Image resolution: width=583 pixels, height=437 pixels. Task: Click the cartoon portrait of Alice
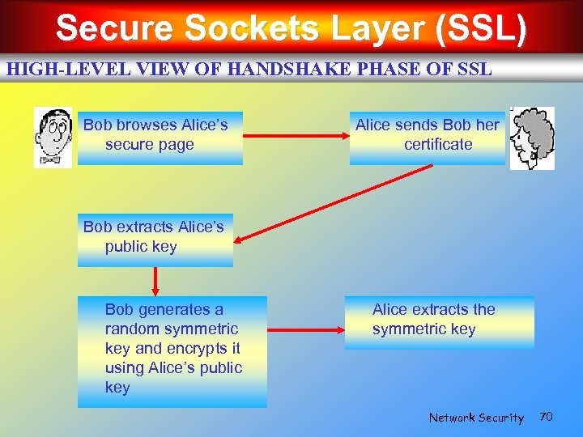(x=532, y=138)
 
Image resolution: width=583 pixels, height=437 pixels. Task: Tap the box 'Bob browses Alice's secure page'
(x=160, y=138)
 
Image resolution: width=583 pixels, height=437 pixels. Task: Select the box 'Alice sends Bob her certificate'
(x=428, y=138)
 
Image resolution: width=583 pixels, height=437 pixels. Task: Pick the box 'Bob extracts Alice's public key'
(x=155, y=240)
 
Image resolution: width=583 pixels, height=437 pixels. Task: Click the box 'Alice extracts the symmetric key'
(x=440, y=322)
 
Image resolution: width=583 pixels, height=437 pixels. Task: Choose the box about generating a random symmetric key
(x=172, y=351)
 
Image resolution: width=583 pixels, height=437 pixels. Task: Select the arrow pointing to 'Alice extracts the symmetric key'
(x=305, y=330)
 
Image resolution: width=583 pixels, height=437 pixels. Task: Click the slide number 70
(x=546, y=417)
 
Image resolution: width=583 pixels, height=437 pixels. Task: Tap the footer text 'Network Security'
(x=476, y=418)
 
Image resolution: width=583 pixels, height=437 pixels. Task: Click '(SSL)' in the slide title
(x=480, y=29)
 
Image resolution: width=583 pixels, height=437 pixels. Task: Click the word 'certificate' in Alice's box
(x=438, y=144)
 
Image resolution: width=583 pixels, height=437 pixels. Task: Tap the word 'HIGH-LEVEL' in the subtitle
(x=48, y=69)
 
